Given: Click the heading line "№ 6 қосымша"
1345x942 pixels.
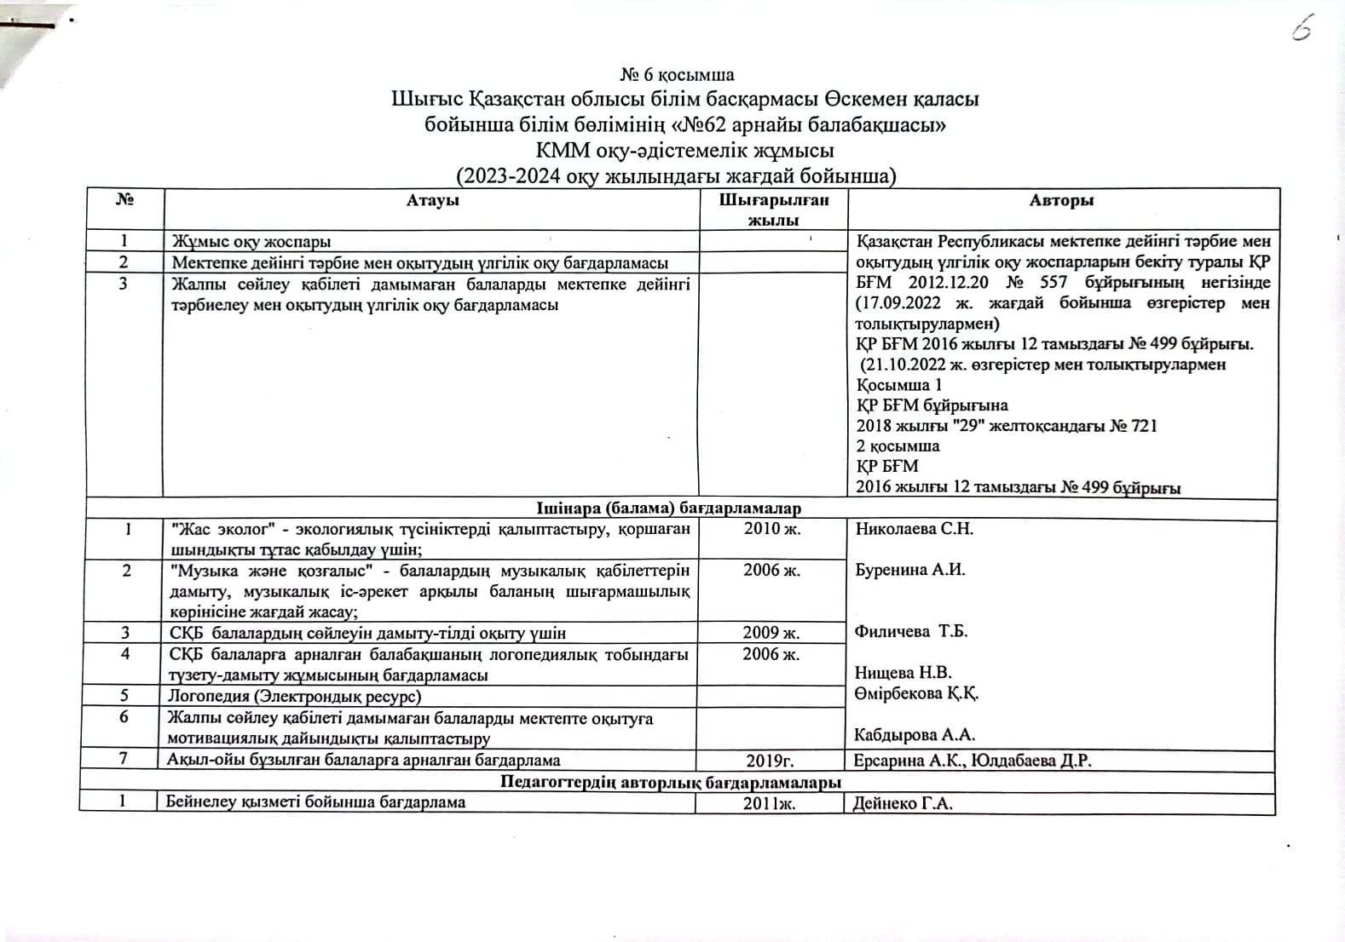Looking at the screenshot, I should coord(677,75).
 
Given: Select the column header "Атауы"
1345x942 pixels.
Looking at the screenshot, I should coord(432,200).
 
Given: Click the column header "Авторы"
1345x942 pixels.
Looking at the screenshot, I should coord(1061,200).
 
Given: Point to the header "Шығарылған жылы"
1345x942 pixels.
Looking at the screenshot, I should coord(773,210).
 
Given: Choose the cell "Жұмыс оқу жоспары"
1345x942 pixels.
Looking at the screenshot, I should coord(251,242).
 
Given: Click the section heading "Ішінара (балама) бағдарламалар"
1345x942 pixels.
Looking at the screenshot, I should coord(668,508).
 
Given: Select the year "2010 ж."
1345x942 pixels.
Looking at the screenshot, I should coord(772,528).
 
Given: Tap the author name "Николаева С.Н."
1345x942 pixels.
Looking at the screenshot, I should coord(914,529).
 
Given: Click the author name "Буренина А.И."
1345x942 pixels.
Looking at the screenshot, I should coord(909,570).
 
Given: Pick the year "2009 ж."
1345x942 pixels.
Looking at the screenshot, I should coord(771,632).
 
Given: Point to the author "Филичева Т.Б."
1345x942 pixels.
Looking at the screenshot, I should coord(911,631).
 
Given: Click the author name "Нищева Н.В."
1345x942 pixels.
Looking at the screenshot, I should coord(903,673).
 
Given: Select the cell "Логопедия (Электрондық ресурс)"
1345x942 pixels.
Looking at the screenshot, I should coord(295,696).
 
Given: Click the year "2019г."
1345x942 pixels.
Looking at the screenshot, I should coord(771,761).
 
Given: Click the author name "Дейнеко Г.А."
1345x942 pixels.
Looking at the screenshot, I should coord(903,802).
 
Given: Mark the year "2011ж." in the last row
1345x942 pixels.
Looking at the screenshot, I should coord(769,803).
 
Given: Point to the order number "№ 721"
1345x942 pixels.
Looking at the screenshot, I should coord(1133,426).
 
